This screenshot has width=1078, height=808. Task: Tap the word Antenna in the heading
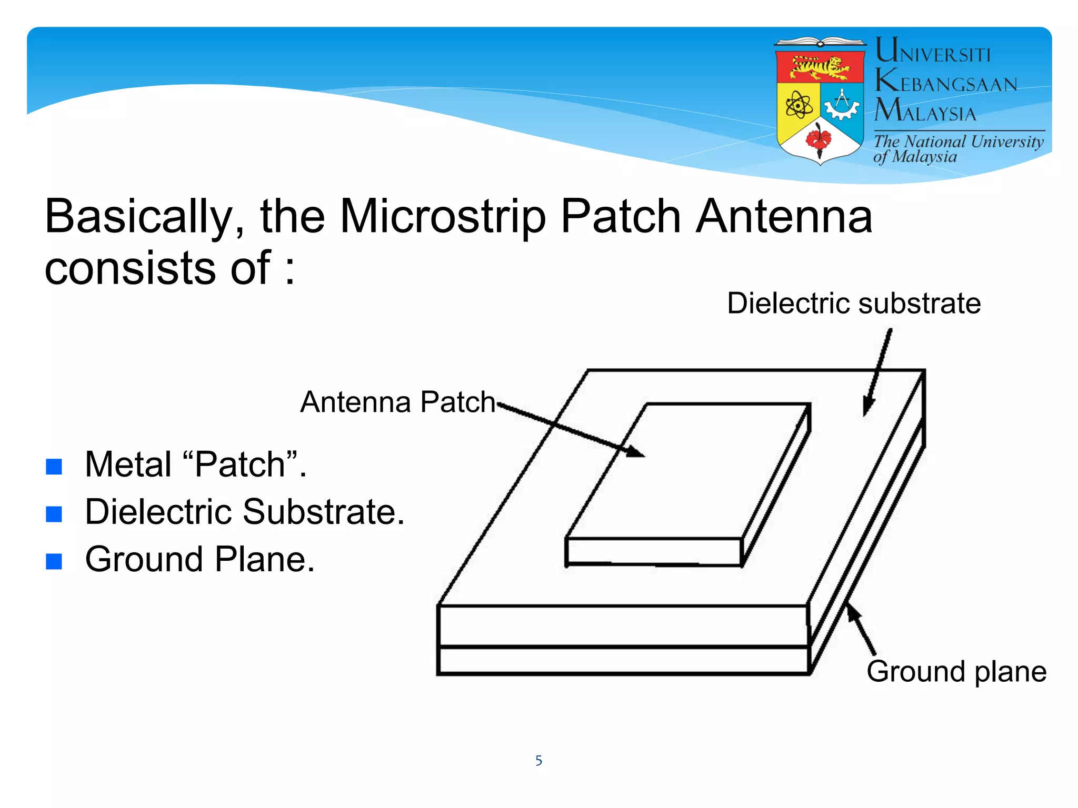point(784,217)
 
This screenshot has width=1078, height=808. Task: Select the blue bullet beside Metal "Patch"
point(54,466)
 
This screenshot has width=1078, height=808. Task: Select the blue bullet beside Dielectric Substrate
point(54,513)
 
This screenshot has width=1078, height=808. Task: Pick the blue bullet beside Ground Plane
point(54,561)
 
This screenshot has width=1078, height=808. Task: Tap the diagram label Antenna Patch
point(397,402)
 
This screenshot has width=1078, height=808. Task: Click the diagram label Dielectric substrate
point(853,304)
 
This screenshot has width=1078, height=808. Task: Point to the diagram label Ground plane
point(956,672)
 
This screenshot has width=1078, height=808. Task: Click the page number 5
point(538,761)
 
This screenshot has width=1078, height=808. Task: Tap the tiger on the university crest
point(820,67)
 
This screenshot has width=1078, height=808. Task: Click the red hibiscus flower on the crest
point(819,139)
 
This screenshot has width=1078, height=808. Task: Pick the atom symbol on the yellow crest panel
point(799,105)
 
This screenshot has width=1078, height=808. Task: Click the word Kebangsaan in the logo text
point(946,83)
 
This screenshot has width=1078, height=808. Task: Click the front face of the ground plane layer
point(623,661)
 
